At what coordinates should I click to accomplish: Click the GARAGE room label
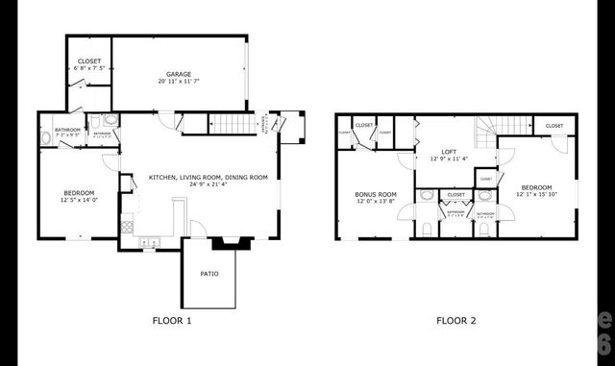click(x=178, y=74)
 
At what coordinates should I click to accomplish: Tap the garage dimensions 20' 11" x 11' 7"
click(x=178, y=82)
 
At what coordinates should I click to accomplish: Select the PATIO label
click(x=209, y=274)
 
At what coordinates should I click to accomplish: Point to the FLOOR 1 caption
click(x=173, y=320)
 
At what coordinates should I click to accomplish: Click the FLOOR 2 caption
click(x=456, y=320)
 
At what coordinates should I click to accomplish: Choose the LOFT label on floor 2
click(x=448, y=152)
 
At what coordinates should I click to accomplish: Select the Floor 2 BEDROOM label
click(x=536, y=187)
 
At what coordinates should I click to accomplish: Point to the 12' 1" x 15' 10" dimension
click(x=536, y=195)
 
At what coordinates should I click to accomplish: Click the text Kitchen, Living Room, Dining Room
click(x=208, y=177)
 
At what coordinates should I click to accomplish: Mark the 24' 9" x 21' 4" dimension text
click(x=208, y=184)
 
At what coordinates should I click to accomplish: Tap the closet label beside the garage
click(x=87, y=61)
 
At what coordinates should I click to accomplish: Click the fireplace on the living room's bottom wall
click(x=232, y=243)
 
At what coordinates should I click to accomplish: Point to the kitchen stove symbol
click(x=126, y=228)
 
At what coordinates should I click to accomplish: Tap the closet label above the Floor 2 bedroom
click(x=554, y=126)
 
